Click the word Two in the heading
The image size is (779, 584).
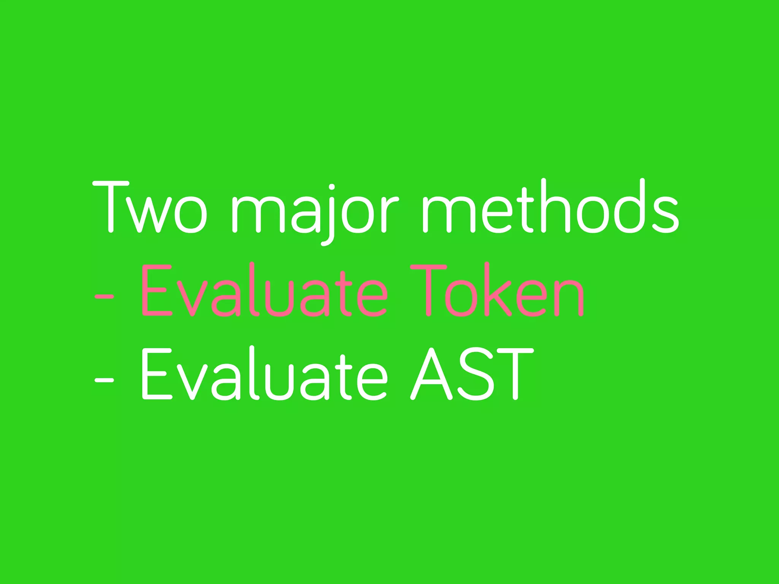click(x=150, y=207)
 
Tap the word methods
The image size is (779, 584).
click(x=550, y=207)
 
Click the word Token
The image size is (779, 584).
click(x=497, y=291)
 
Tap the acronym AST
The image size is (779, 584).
click(x=472, y=375)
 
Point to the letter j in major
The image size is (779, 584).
click(x=330, y=215)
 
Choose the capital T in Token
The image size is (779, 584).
click(x=428, y=291)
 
